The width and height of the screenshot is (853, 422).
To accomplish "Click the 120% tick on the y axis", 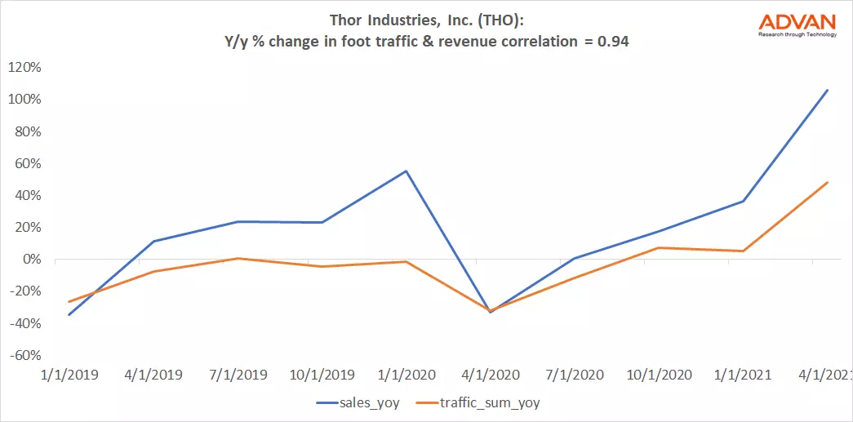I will pos(24,68).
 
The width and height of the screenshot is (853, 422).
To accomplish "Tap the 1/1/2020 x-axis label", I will pos(406,375).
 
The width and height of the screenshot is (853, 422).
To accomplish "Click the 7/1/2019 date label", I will pos(238,375).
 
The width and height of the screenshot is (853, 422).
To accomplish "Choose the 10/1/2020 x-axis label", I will pos(658,375).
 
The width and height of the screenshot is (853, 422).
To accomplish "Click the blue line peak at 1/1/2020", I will pos(406,171).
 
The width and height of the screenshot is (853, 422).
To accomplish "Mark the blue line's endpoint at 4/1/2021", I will pos(828,90).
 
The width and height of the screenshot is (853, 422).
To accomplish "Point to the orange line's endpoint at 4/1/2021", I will pos(828,182).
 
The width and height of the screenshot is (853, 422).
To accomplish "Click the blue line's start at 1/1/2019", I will pos(69,315).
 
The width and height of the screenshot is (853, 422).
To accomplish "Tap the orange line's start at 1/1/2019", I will pos(69,302).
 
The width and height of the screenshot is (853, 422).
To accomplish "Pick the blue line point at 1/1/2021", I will pos(743,201).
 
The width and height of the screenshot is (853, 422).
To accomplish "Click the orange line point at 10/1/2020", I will pos(659,247).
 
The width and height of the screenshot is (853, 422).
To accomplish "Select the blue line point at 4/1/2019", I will pos(153,241).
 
